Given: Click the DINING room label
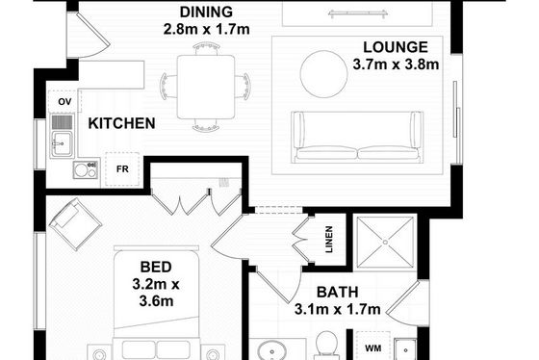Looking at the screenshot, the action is [x=206, y=13].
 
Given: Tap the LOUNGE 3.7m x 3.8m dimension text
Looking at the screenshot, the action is [x=396, y=64].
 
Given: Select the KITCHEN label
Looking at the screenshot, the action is [x=121, y=123].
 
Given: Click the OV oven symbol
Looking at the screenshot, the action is [x=64, y=101].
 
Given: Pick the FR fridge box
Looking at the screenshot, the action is [x=122, y=169].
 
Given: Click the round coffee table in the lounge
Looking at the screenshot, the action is [x=323, y=74].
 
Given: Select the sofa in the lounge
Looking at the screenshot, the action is [x=357, y=137].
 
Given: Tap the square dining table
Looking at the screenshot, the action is [x=206, y=87].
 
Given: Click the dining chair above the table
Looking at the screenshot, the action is [x=206, y=48].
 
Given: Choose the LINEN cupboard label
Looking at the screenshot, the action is [x=329, y=240].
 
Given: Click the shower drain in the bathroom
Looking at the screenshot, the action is [x=385, y=242].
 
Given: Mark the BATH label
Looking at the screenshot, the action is [x=338, y=293].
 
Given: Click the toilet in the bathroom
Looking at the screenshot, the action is [x=326, y=346].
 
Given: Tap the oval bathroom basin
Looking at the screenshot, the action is [x=271, y=351].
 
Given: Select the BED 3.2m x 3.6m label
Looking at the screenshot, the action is [x=156, y=284].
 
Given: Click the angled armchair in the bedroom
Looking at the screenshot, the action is [x=75, y=224].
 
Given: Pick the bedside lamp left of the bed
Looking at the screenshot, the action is [x=99, y=353].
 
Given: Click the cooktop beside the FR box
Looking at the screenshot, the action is [x=86, y=170].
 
